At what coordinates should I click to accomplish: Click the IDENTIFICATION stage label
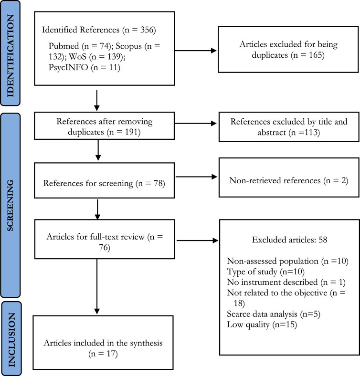(x=11, y=56)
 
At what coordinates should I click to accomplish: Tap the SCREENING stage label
(x=11, y=206)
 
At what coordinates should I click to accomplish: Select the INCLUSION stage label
(x=12, y=340)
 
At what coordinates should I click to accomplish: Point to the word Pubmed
(x=64, y=46)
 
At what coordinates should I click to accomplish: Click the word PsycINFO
(x=68, y=67)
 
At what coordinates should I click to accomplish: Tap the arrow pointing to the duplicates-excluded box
(x=195, y=51)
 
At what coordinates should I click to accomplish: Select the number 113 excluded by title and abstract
(x=311, y=132)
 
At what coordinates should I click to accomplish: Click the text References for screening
(x=88, y=183)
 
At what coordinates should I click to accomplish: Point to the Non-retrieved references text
(x=275, y=180)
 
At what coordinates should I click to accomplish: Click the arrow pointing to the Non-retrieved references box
(x=196, y=177)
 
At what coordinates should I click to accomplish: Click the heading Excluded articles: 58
(x=289, y=240)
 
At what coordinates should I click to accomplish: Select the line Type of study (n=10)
(x=265, y=272)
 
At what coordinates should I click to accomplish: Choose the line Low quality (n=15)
(x=262, y=324)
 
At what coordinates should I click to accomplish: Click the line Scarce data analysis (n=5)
(x=274, y=314)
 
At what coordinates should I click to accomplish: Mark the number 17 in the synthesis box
(x=111, y=354)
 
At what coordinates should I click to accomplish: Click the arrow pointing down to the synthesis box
(x=97, y=286)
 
